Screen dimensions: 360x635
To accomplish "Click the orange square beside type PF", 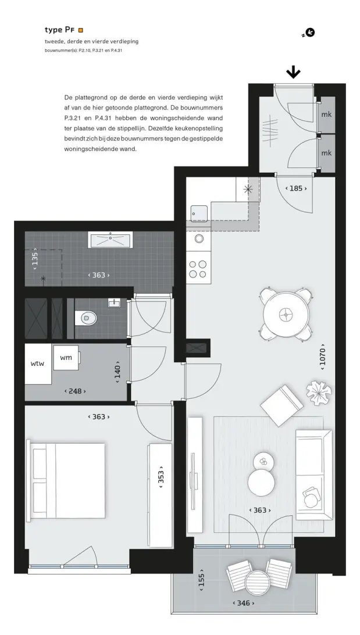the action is [81, 30].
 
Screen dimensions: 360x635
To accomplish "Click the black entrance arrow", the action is [293, 73].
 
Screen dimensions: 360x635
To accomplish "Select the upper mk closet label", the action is [326, 115].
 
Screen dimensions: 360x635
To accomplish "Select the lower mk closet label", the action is [326, 153].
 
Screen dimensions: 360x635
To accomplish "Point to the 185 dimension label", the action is [296, 188].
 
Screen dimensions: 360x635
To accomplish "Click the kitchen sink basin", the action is [199, 213].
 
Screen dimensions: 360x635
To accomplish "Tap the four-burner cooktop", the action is [198, 269].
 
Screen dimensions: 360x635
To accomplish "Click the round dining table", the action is [287, 314].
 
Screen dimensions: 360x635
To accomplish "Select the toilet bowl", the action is [88, 318].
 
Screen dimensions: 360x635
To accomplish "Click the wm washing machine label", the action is [66, 358].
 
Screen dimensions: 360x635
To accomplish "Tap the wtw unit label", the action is [38, 363].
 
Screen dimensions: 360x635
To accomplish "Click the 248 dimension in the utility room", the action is [76, 391].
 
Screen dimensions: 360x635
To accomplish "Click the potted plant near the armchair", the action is [319, 393].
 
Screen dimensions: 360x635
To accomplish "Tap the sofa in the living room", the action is [314, 475].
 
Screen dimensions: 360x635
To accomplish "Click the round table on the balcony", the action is [258, 582].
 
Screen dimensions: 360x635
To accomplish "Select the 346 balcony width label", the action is [243, 604].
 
